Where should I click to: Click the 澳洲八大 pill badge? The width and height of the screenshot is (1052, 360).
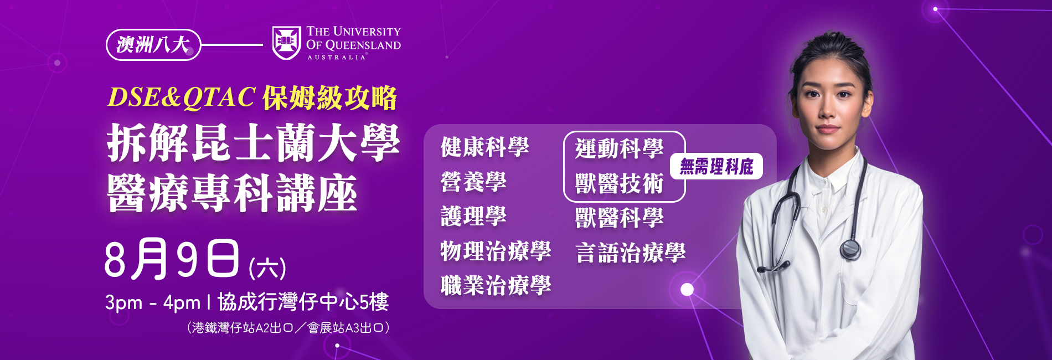click(153, 45)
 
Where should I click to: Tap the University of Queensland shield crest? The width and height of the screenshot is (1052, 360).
click(286, 43)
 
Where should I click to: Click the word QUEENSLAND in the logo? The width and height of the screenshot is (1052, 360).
click(363, 45)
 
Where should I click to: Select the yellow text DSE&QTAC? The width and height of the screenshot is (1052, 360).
click(182, 97)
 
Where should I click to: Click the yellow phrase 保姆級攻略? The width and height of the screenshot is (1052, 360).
click(329, 98)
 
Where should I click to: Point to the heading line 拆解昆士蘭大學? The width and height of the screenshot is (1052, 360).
click(253, 143)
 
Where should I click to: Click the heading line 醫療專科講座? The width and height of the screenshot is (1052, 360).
click(232, 193)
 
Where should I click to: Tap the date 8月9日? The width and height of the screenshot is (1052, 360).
click(172, 259)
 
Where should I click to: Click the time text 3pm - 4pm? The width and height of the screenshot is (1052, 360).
click(153, 302)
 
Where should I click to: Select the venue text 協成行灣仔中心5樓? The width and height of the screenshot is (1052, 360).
click(303, 302)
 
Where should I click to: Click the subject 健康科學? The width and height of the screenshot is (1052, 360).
click(484, 147)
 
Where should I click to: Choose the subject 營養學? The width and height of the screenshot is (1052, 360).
click(473, 182)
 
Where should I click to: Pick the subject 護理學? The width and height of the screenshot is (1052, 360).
click(473, 216)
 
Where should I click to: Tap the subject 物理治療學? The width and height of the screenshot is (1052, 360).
click(496, 251)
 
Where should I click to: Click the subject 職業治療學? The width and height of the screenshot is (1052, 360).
click(496, 286)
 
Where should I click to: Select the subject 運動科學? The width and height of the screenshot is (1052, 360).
click(619, 148)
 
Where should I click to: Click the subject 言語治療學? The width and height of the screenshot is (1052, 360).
click(630, 253)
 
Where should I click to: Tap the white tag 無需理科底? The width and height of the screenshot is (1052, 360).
click(716, 166)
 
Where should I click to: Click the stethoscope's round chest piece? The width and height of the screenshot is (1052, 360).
click(850, 249)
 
